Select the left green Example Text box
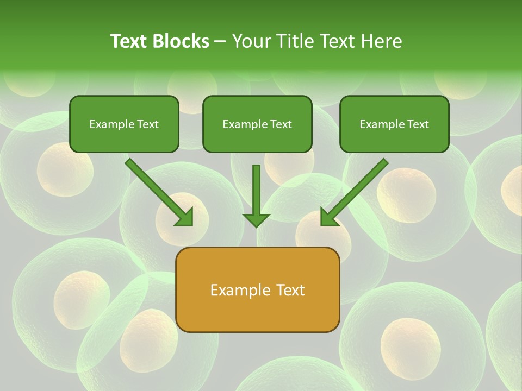(124, 124)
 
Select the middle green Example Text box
(257, 124)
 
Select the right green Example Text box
(394, 124)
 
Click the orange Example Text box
(257, 289)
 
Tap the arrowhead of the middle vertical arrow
(256, 219)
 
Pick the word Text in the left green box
(147, 124)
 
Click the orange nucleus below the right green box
(406, 195)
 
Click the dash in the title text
(220, 42)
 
